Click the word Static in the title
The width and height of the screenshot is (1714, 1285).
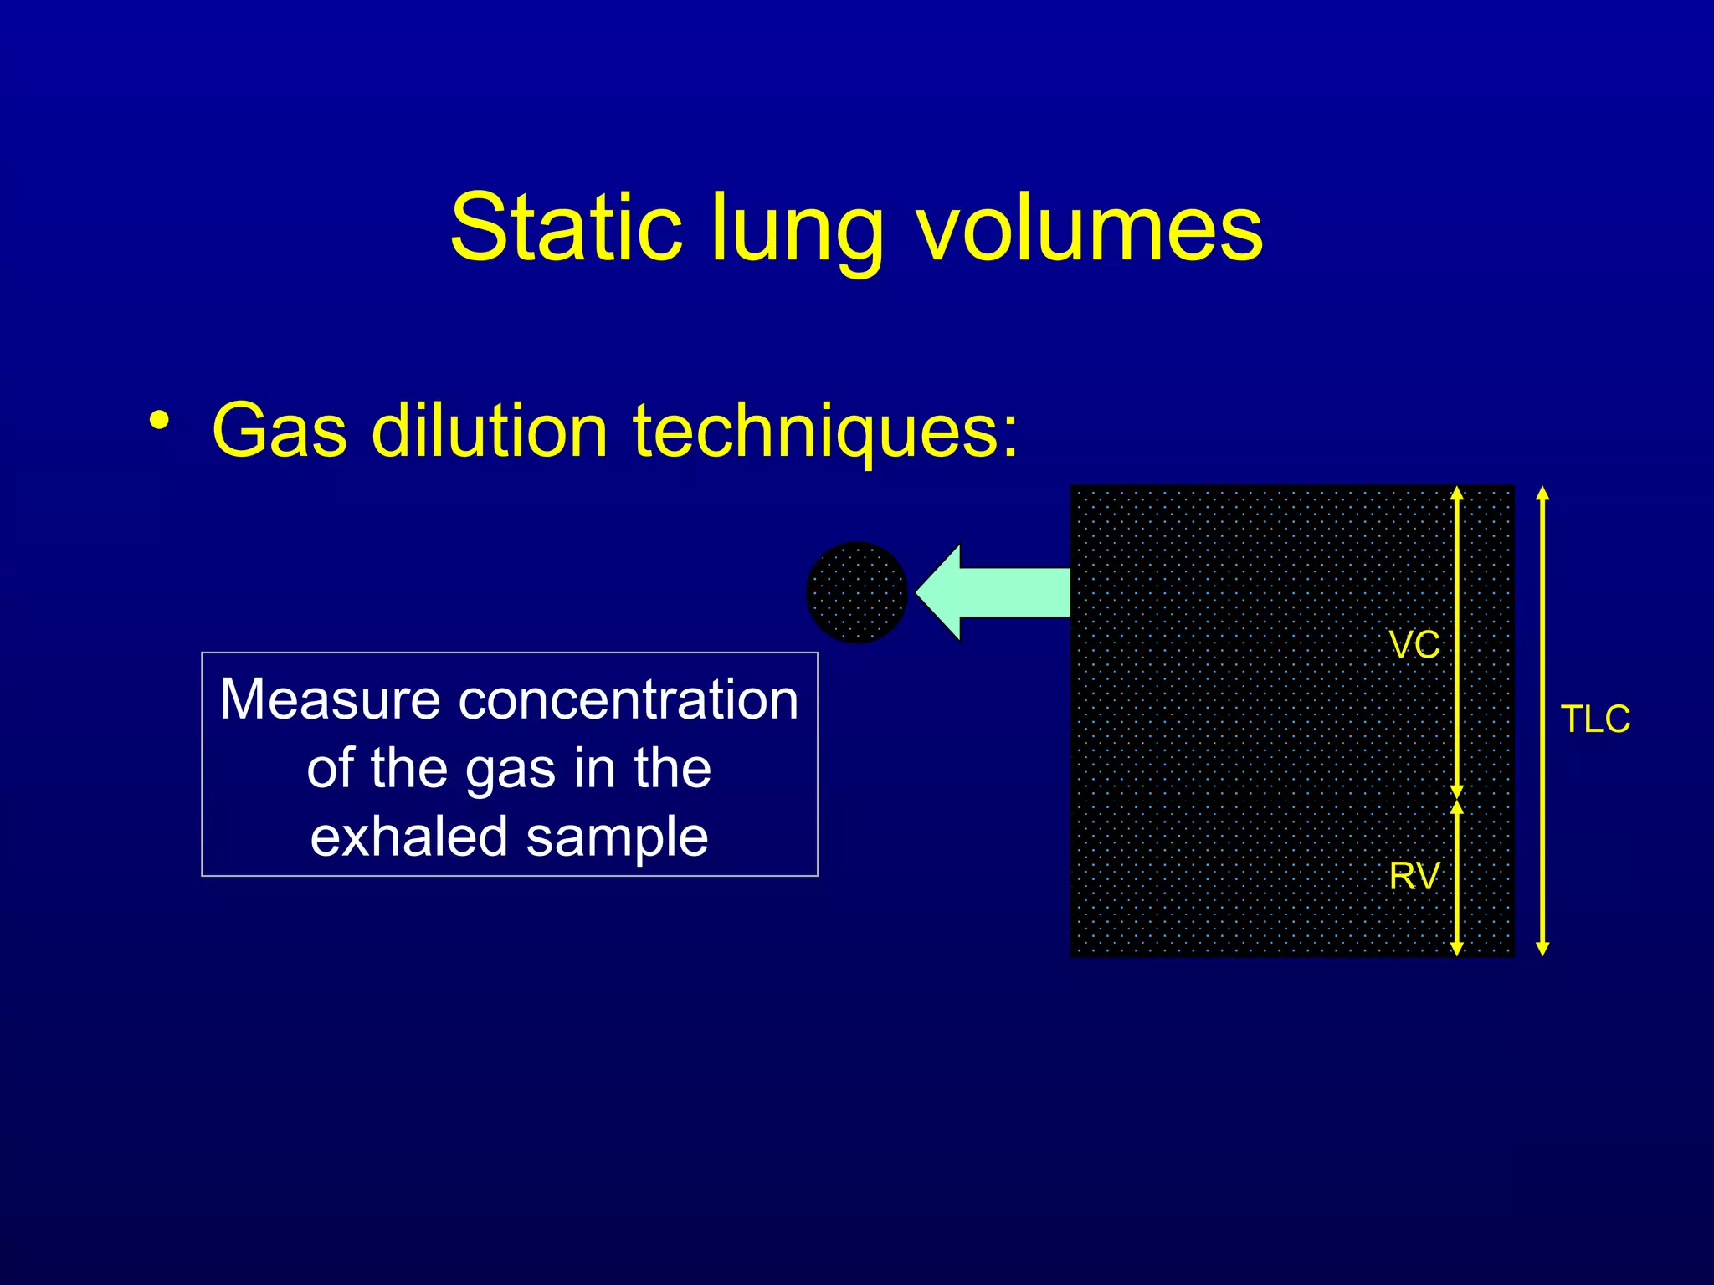[566, 228]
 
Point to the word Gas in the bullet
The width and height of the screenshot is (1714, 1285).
[279, 431]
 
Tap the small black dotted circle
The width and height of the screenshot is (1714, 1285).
[856, 592]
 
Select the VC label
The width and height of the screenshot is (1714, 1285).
[1414, 645]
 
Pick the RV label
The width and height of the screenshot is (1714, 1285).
[1414, 876]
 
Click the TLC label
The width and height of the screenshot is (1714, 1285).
[1595, 719]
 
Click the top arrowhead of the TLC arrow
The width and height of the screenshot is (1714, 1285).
[1543, 494]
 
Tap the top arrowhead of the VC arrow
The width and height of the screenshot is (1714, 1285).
[1457, 494]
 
